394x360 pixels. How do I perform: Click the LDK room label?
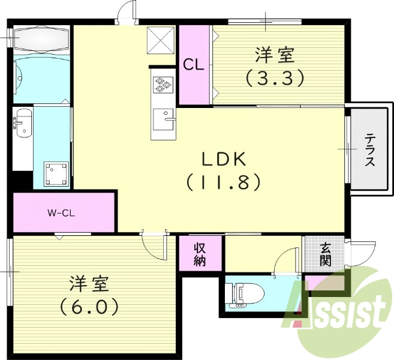pos(224,160)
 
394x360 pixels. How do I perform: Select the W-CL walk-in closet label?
pos(61,212)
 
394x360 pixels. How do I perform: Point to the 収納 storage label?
pos(200,254)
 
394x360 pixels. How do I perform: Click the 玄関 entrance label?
pos(325,253)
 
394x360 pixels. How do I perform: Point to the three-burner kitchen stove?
pos(163,86)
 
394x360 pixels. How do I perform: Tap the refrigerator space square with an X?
pos(161,40)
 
